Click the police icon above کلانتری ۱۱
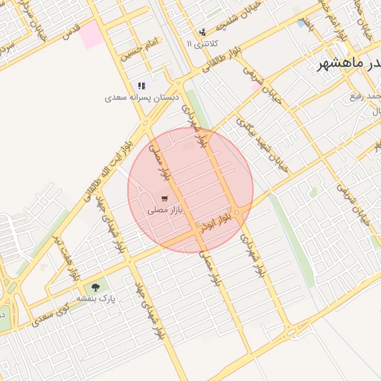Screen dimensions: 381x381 pyautogui.click(x=202, y=32)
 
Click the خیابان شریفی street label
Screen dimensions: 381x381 pyautogui.click(x=261, y=82)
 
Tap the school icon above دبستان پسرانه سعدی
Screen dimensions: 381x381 pyautogui.click(x=141, y=86)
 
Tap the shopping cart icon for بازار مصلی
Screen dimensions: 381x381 pyautogui.click(x=164, y=199)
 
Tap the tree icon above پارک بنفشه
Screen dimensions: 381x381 pyautogui.click(x=95, y=287)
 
